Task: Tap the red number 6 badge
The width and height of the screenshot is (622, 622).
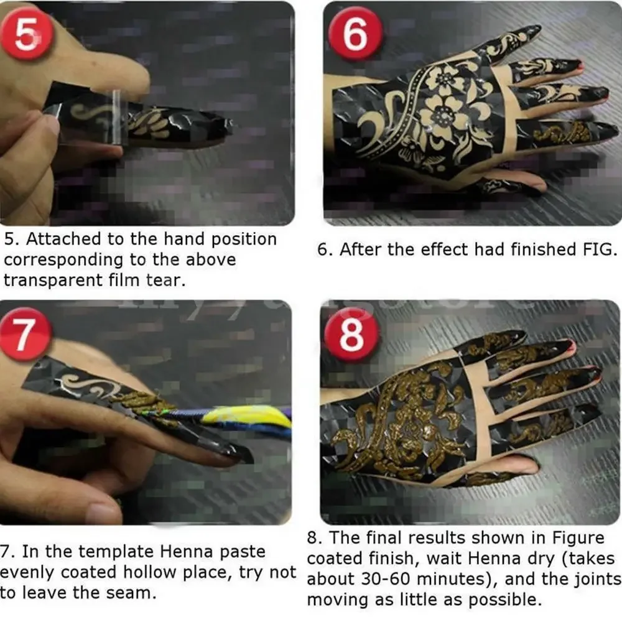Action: click(x=355, y=35)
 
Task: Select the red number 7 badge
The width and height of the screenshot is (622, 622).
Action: click(x=25, y=336)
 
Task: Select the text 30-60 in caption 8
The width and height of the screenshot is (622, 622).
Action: click(x=377, y=578)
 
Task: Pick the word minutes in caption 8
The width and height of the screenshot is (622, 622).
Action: click(x=447, y=578)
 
